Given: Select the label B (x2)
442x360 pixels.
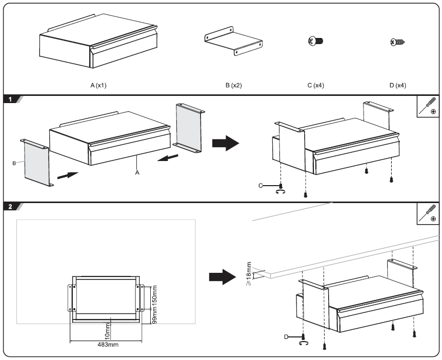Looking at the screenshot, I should click(x=233, y=85).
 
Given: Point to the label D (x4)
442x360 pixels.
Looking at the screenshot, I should click(x=397, y=85).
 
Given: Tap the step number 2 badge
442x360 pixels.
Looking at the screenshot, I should click(x=11, y=207).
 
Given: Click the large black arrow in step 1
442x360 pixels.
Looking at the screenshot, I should click(x=226, y=142).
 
